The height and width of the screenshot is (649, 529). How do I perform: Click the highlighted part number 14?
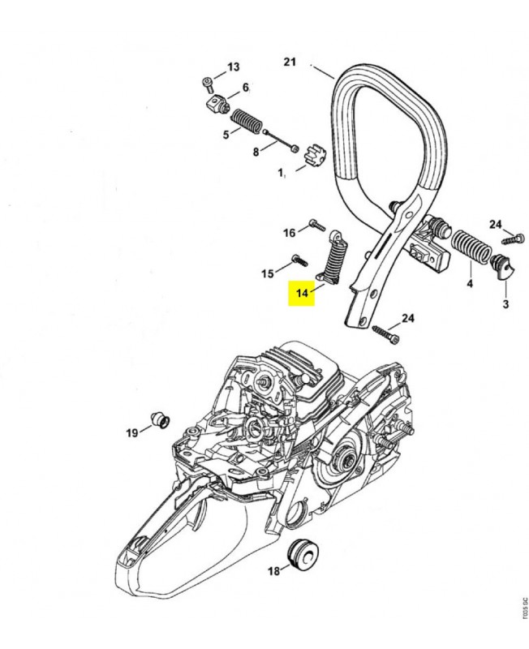tap(303, 292)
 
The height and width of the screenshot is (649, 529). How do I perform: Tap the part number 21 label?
tap(291, 62)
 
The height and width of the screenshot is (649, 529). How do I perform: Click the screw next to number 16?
tap(316, 225)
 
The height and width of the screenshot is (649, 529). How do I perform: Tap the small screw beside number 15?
tap(298, 261)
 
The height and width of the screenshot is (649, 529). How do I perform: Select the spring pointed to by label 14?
tap(334, 260)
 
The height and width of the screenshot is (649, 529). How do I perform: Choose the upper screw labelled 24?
tap(510, 239)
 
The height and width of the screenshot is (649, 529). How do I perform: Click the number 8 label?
tap(256, 151)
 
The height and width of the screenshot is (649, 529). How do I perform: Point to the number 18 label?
tap(273, 571)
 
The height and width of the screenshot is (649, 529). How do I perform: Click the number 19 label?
tap(131, 432)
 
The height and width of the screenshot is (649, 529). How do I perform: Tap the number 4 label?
tap(469, 284)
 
